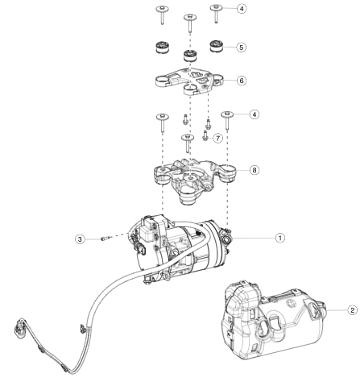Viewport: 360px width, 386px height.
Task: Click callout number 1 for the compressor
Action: [x=280, y=238]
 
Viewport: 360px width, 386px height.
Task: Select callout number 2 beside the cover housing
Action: [x=353, y=310]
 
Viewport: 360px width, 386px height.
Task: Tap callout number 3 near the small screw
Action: [x=80, y=239]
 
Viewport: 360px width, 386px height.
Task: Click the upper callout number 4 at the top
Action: [x=242, y=9]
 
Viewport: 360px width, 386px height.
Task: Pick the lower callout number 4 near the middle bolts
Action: [x=254, y=114]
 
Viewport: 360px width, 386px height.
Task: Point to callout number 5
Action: [x=241, y=48]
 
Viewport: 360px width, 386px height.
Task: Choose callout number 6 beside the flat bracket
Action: [x=242, y=81]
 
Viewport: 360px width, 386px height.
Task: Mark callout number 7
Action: [x=217, y=138]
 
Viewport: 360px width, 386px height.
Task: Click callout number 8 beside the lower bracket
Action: [x=254, y=170]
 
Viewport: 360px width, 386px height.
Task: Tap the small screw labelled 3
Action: [x=104, y=239]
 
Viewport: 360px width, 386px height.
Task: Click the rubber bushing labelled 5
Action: [x=216, y=46]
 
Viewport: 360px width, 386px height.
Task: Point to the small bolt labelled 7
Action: [x=205, y=136]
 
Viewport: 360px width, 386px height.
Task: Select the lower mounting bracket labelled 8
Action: [x=193, y=180]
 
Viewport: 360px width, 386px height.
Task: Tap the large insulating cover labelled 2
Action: [x=272, y=320]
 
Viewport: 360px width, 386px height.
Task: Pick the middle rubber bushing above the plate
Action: [x=190, y=56]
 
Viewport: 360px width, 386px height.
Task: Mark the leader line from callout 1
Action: [x=254, y=238]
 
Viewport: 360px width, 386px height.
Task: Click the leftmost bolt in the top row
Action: [x=163, y=15]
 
